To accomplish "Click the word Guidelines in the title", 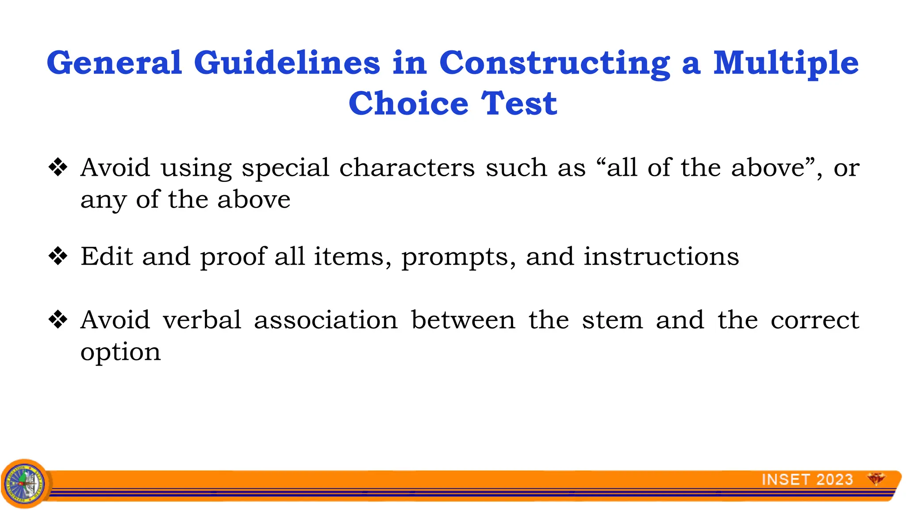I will pos(287,63).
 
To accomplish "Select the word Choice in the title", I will pos(408,104).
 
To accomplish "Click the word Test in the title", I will pos(519,104).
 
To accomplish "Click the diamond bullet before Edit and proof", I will pos(58,256).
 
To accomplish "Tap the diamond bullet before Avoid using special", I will pos(58,167).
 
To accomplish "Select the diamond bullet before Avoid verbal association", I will pos(58,319).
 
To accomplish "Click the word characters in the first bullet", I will pos(407,168).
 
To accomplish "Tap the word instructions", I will pos(661,257).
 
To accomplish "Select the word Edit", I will pos(107,256).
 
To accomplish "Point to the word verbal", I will pos(202,320).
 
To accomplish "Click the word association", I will pos(326,320).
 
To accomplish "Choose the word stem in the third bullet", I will pos(612,320).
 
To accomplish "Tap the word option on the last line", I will pos(120,353).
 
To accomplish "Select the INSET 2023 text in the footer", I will pos(807,479).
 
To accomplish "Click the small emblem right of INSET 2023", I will pos(876,479).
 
